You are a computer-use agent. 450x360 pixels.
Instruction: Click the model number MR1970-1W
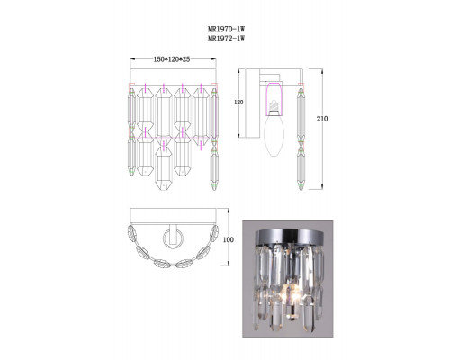(226, 30)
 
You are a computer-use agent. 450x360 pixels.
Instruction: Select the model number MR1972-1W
(226, 39)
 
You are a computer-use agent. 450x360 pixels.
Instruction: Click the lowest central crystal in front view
(167, 170)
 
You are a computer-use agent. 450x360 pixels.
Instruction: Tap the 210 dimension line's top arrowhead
(324, 68)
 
